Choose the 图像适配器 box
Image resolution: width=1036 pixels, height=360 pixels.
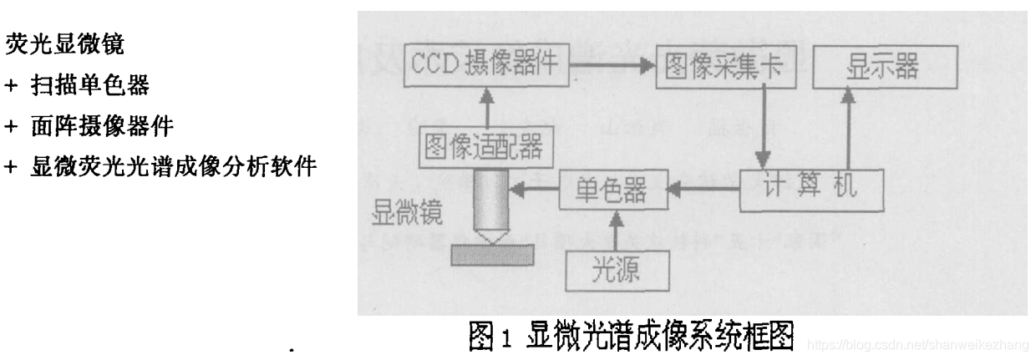pos(483,147)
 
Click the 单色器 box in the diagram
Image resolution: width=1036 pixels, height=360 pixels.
pos(612,190)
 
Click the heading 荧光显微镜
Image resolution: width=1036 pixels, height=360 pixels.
pos(65,44)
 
